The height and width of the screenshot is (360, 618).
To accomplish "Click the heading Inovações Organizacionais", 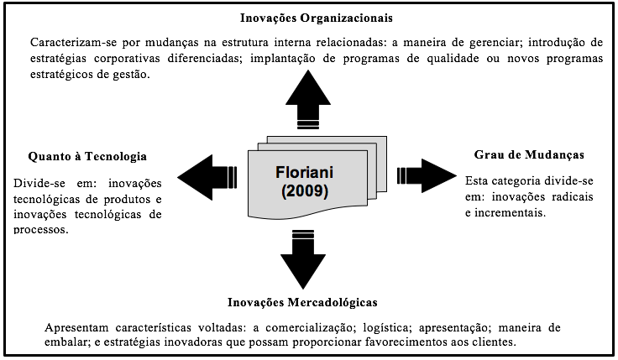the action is click(x=316, y=18).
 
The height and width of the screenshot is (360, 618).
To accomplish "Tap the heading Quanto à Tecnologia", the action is click(x=87, y=156).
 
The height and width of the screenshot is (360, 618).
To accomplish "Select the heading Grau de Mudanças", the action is click(x=529, y=154).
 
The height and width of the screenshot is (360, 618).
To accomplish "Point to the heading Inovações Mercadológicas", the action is click(x=302, y=302).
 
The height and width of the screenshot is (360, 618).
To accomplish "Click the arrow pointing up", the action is click(x=308, y=100).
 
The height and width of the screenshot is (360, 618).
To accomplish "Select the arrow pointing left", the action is click(x=207, y=177).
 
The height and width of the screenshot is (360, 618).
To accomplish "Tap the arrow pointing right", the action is click(x=427, y=175).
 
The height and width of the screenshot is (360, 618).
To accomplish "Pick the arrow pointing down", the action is click(x=303, y=259).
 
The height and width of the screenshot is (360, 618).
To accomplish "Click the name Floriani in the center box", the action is click(x=304, y=172).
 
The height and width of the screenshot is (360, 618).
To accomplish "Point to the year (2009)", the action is click(x=305, y=191).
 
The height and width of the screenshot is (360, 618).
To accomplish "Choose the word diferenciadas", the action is click(x=202, y=58).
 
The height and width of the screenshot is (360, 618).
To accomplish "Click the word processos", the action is click(x=40, y=230).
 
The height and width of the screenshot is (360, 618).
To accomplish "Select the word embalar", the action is click(x=67, y=342).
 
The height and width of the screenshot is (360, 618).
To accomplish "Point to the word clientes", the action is click(x=495, y=342).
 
